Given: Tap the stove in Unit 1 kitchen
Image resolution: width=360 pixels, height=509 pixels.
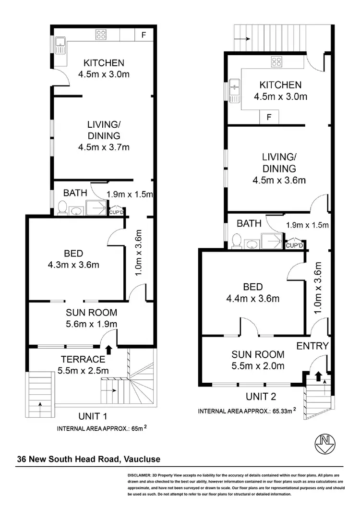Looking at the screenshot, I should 101,34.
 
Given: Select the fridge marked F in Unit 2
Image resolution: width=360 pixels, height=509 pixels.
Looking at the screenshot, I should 269,117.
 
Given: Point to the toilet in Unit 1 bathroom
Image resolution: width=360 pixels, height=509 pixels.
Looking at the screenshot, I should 62,208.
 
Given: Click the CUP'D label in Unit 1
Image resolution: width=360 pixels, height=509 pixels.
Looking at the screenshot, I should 116,212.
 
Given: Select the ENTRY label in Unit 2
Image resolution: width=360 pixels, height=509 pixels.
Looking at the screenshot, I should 312,346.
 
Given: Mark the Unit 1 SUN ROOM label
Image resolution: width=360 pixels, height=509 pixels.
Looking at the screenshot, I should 91,312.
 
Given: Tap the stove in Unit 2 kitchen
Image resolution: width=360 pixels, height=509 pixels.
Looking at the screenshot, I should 276,61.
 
